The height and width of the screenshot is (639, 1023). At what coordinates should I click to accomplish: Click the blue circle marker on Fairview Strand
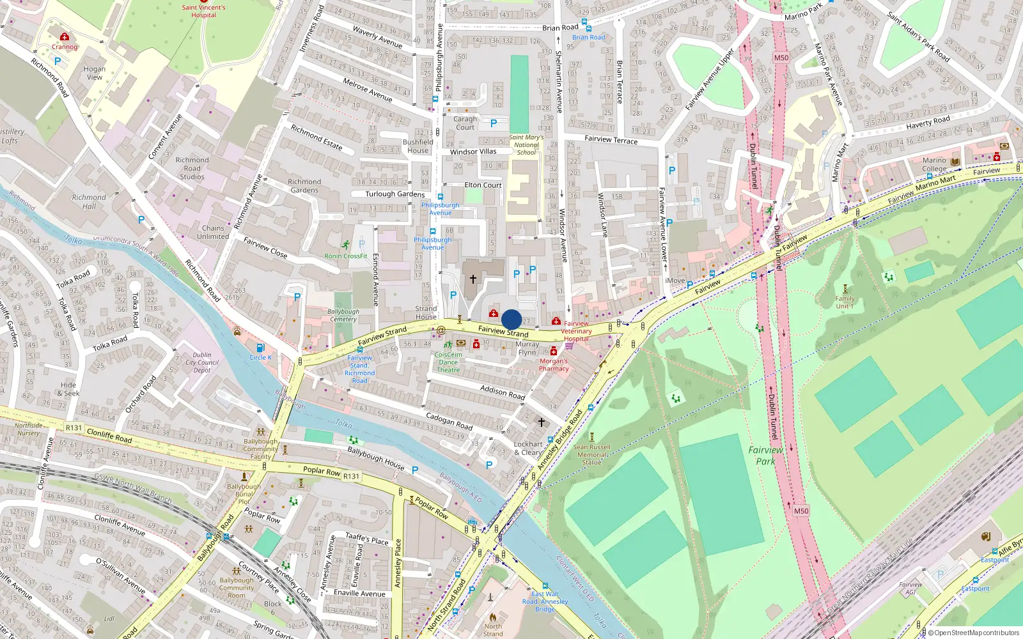511,319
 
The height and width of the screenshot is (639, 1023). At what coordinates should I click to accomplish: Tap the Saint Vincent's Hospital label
203,12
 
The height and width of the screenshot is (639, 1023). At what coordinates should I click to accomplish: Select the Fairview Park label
765,456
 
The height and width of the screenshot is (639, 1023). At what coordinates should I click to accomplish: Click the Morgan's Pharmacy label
554,365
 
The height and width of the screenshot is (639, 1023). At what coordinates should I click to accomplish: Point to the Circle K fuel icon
260,348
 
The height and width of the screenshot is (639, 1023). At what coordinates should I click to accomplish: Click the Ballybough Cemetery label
343,316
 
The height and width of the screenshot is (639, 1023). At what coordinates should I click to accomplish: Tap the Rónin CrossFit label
346,256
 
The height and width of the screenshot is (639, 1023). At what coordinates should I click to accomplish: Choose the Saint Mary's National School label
526,145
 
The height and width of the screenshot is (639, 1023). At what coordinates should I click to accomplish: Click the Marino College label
934,165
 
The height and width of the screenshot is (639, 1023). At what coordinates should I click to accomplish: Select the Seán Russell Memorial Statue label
591,454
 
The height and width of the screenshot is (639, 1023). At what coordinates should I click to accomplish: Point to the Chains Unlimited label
213,232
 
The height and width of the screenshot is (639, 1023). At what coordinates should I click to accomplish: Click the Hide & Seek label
68,389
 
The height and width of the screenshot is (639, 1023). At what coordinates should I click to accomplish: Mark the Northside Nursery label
28,429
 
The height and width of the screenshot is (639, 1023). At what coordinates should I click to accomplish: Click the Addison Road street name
503,392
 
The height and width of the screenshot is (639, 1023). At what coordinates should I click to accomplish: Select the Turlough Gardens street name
395,194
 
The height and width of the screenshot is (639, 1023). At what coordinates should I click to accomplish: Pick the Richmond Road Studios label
192,169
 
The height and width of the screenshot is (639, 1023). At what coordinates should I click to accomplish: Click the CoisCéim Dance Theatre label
448,362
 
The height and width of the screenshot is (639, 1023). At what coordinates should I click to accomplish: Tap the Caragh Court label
465,123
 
